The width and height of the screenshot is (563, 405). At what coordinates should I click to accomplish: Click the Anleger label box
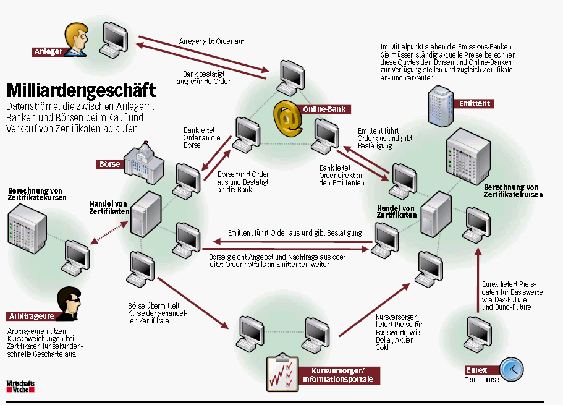pyautogui.click(x=49, y=52)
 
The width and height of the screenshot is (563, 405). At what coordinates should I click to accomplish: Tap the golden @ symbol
pyautogui.click(x=287, y=118)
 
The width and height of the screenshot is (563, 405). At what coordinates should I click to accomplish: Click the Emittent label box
pyautogui.click(x=474, y=103)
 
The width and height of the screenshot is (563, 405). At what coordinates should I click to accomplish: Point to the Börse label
pyautogui.click(x=109, y=164)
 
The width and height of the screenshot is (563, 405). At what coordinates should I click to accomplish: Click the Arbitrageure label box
pyautogui.click(x=31, y=316)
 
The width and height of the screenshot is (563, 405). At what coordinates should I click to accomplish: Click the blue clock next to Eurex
pyautogui.click(x=512, y=369)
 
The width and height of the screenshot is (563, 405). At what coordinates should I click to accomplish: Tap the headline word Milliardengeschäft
pyautogui.click(x=80, y=90)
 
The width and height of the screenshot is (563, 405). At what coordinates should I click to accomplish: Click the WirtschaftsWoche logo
pyautogui.click(x=20, y=386)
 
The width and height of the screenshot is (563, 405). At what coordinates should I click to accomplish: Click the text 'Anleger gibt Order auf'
pyautogui.click(x=212, y=41)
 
